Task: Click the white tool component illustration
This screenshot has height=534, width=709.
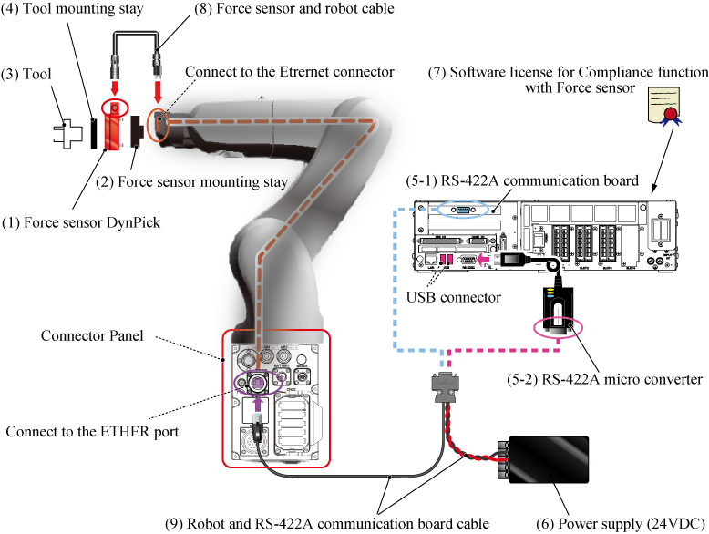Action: tap(69, 132)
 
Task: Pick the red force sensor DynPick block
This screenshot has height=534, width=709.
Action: tap(112, 127)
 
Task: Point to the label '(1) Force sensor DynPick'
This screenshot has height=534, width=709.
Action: tap(69, 222)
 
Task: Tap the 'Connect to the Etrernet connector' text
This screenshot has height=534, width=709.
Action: tap(290, 71)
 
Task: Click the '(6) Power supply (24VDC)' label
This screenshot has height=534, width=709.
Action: tap(622, 523)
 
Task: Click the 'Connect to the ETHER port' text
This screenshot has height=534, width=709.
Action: tap(92, 431)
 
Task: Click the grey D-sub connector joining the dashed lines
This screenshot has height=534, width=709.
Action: tap(441, 386)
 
